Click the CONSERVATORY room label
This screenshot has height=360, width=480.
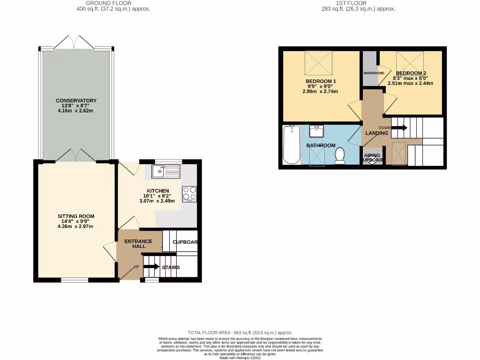coord(76,101)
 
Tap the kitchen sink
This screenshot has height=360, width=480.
coord(165,172)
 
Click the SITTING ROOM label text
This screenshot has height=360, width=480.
coord(76,216)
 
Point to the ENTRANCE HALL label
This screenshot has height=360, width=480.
coord(138,244)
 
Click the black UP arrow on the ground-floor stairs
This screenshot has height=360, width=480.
coord(151,266)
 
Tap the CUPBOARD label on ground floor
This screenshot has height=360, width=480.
coord(185,242)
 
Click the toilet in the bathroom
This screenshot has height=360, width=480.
coord(339,156)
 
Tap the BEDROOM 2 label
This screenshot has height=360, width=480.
coord(411,73)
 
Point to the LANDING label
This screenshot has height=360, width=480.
coord(377,133)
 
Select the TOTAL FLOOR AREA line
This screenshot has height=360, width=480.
coord(240,332)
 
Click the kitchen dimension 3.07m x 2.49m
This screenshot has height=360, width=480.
coord(157,201)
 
